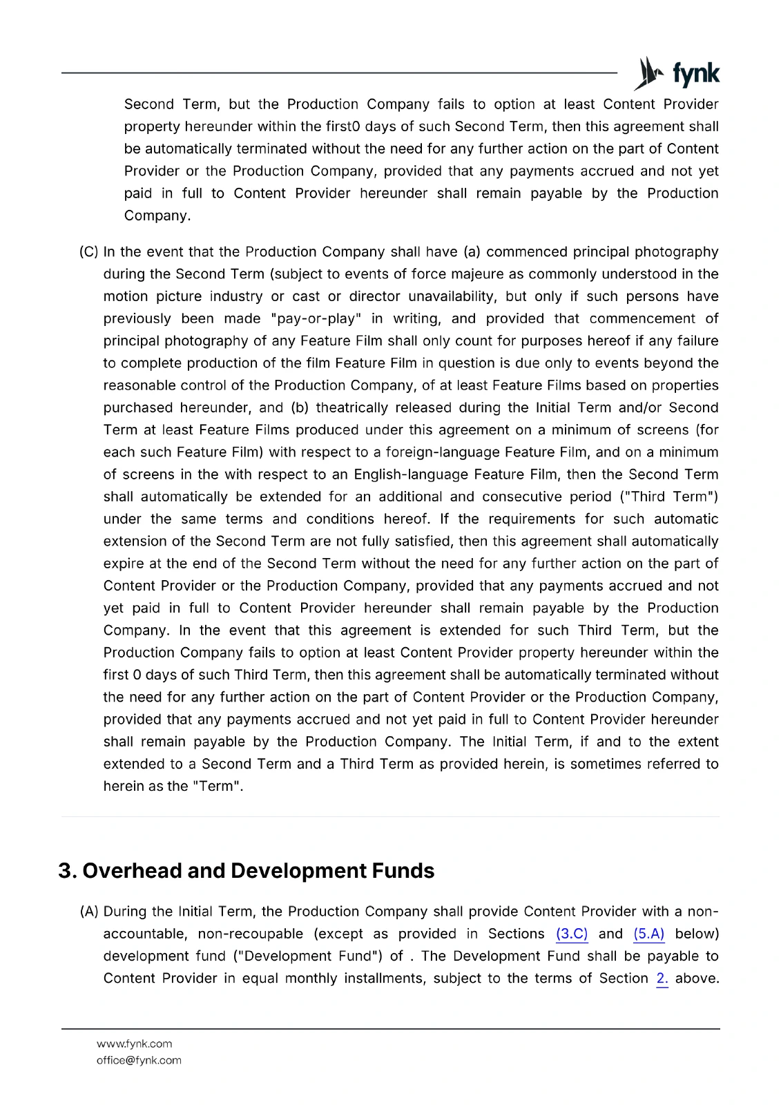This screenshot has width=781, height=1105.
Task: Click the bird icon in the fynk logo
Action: (x=648, y=73)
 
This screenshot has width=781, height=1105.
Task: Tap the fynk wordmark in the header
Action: (x=695, y=74)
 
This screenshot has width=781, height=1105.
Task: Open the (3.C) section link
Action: (x=572, y=934)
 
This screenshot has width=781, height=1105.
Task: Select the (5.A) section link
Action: (x=649, y=934)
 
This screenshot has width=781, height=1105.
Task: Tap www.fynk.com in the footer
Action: (x=135, y=1044)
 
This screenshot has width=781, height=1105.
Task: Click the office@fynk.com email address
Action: (x=139, y=1060)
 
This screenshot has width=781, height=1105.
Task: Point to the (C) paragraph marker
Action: (x=89, y=251)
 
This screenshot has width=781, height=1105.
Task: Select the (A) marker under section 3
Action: (x=89, y=912)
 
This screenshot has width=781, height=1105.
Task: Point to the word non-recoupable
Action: (x=251, y=934)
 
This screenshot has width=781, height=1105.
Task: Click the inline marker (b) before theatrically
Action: (x=299, y=407)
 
